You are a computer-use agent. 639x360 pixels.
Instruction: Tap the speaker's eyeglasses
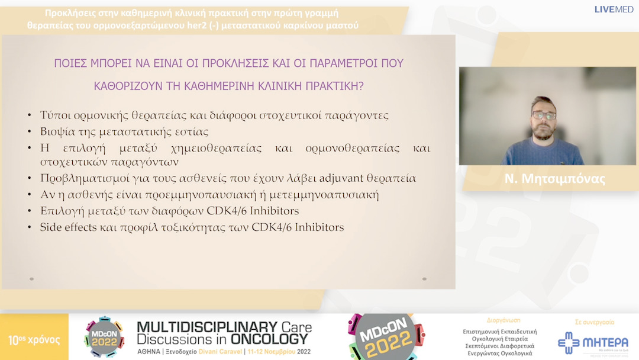pyautogui.click(x=544, y=115)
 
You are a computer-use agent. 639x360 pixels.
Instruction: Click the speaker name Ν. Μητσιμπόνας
pyautogui.click(x=555, y=179)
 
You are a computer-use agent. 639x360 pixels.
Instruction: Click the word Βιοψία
pyautogui.click(x=57, y=131)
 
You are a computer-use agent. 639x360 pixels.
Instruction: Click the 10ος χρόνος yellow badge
pyautogui.click(x=34, y=340)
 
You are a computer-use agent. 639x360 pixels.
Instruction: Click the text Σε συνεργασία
pyautogui.click(x=595, y=322)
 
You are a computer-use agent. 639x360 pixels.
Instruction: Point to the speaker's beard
pyautogui.click(x=543, y=131)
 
